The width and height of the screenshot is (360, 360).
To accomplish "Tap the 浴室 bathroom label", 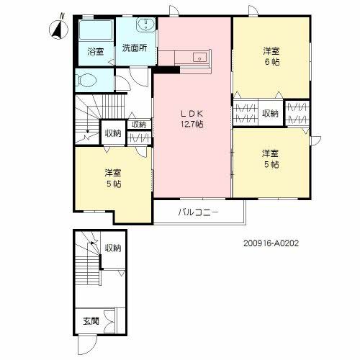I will tap(95, 52).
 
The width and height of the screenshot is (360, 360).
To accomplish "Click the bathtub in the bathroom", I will tap(94, 32).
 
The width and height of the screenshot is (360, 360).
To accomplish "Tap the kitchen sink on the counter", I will tap(198, 58).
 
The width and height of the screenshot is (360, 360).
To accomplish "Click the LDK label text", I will tap(191, 112).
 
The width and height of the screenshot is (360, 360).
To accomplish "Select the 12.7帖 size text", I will tap(192, 124).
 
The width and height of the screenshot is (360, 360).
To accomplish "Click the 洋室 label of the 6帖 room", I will tap(270, 52).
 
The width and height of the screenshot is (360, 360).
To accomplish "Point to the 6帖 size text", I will tap(270, 63).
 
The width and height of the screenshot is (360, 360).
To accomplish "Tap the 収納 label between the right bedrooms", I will tap(270, 113).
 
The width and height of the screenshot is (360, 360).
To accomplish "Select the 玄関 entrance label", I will tap(91, 320).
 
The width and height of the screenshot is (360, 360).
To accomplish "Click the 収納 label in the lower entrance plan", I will tap(113, 248).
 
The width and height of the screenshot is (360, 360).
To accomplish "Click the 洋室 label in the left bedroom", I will tap(112, 173).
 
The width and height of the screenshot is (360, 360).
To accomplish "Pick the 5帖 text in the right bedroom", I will tap(270, 164).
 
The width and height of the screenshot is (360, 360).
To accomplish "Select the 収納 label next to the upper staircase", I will tap(112, 132).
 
